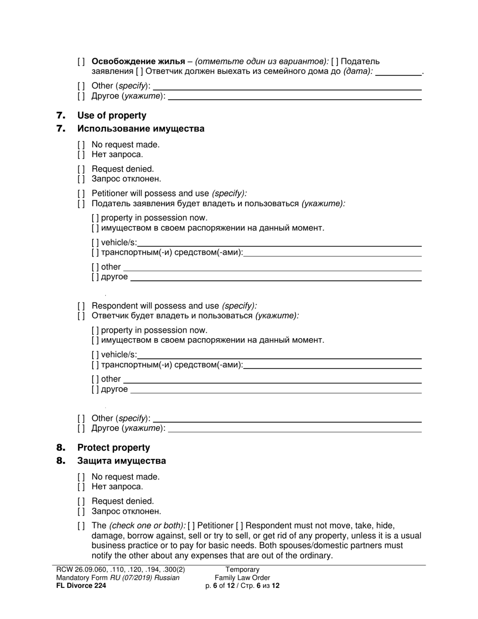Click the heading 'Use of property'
[112, 115]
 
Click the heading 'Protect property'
[113, 447]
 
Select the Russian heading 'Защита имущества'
[121, 460]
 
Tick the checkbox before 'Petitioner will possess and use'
[81, 194]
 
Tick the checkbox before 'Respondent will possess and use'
[81, 306]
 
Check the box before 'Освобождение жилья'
[81, 62]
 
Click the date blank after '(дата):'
[399, 72]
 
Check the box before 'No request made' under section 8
[81, 477]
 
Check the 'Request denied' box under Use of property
[81, 169]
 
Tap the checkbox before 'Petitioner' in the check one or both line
[191, 525]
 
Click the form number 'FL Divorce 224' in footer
[81, 585]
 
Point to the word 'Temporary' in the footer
[242, 570]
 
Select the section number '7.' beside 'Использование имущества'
[61, 128]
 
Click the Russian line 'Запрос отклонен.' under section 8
[126, 511]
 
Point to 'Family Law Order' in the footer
[242, 578]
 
